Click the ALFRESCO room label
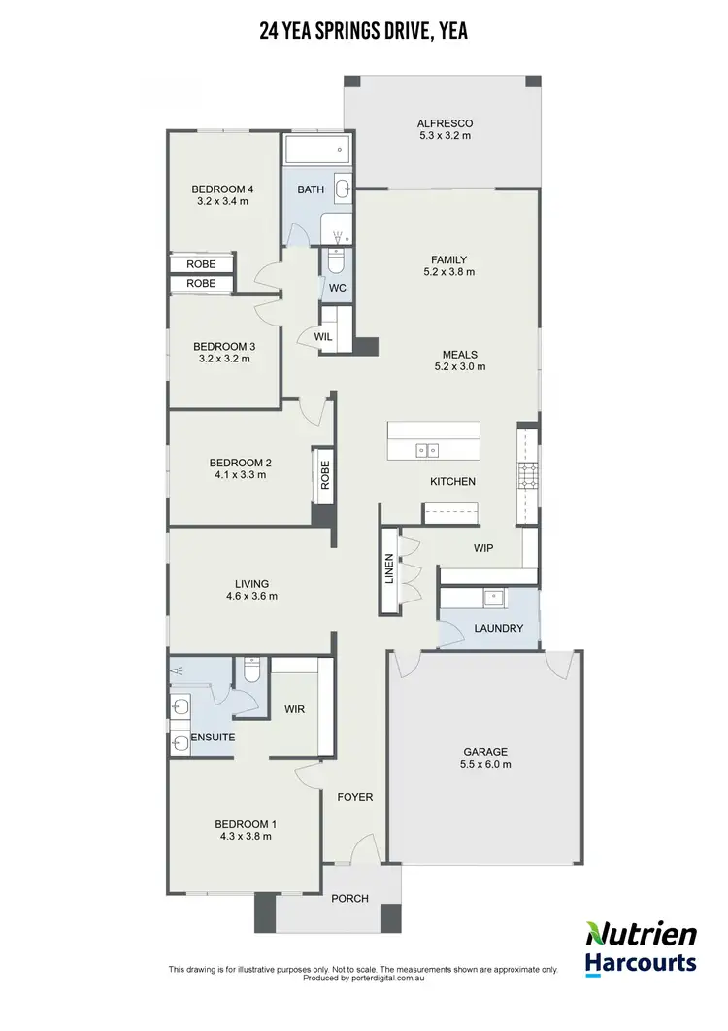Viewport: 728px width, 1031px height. coord(444,123)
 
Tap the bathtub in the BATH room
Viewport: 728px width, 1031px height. coord(314,151)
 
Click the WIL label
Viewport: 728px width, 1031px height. coord(324,336)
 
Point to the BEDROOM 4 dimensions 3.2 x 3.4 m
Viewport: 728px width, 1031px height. coord(222,202)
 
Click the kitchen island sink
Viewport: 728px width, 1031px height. coord(427,450)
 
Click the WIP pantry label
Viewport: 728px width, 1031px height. coord(483,548)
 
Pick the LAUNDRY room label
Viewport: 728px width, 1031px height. coord(498,629)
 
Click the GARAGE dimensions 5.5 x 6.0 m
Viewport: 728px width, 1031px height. coord(485,765)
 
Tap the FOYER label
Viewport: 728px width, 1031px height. coord(354,797)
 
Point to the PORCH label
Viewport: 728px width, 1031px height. coord(349,898)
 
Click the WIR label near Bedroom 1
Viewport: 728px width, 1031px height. coord(294,709)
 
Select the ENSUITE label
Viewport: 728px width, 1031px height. coord(214,739)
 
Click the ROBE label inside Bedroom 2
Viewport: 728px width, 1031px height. coord(324,474)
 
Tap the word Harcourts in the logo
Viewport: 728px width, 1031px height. coord(640,963)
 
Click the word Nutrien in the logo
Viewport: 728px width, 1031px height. coord(640,934)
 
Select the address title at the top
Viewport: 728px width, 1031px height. coord(364,32)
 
